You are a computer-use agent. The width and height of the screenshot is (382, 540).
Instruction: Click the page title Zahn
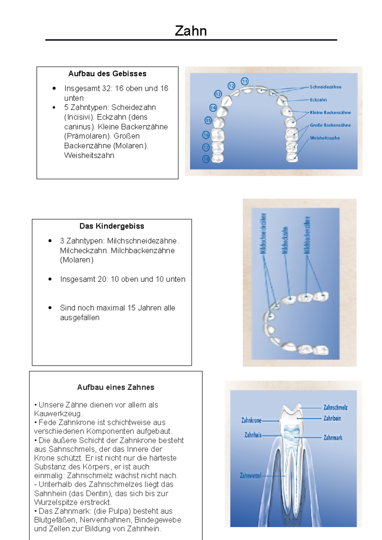click(x=191, y=31)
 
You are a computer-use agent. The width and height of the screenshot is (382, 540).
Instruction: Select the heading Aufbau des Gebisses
click(x=107, y=74)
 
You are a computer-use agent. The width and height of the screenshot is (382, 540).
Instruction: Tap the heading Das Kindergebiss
click(x=112, y=226)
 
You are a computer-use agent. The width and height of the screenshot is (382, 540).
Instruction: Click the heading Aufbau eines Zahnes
click(x=116, y=387)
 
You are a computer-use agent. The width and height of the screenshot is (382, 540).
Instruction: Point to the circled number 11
click(x=244, y=81)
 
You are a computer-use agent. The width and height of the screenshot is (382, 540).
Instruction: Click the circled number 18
click(x=206, y=159)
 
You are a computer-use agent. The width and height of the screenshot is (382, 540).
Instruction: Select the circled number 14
click(x=213, y=108)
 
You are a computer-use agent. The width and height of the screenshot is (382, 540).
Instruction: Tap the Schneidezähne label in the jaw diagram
click(x=325, y=87)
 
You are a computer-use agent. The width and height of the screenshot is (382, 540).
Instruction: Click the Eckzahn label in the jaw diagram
click(x=318, y=100)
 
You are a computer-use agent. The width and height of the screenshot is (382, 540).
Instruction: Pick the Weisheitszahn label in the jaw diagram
click(x=325, y=138)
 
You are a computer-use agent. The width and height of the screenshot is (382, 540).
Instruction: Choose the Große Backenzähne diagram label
click(x=330, y=125)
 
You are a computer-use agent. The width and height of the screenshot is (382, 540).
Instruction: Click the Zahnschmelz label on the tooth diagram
click(x=335, y=407)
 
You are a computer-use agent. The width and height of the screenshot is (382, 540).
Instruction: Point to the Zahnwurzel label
click(x=251, y=476)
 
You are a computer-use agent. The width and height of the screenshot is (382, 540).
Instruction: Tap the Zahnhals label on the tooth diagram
click(x=253, y=435)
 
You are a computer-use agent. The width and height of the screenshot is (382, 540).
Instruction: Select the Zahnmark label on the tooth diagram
click(x=333, y=438)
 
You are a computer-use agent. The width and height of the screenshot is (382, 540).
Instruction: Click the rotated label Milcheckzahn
click(x=285, y=240)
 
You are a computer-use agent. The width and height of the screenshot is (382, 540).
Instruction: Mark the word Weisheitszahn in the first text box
click(x=89, y=156)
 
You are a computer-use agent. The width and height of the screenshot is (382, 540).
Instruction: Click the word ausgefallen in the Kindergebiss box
click(x=80, y=318)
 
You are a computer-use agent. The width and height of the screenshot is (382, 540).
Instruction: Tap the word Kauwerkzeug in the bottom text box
click(x=58, y=414)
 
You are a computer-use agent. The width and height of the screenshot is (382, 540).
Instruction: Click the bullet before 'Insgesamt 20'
click(x=50, y=279)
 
